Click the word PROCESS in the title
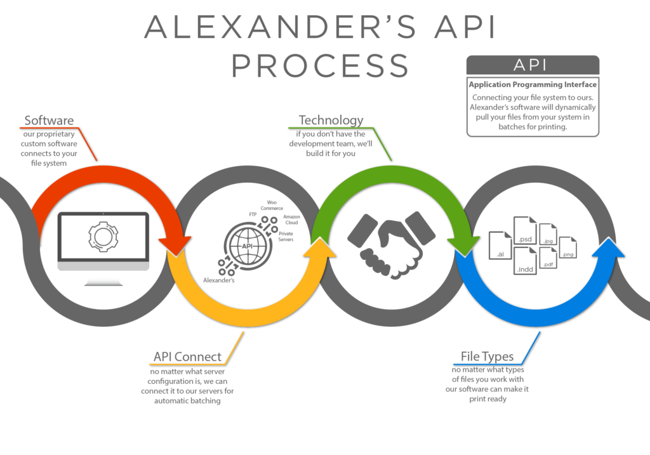click(x=320, y=66)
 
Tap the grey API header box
click(x=533, y=65)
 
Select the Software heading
click(x=49, y=121)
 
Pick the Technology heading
click(x=331, y=120)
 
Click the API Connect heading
click(x=187, y=357)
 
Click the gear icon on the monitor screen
click(x=103, y=236)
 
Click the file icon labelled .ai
click(x=501, y=245)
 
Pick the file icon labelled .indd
click(x=526, y=261)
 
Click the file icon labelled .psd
click(x=525, y=231)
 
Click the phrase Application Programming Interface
click(x=533, y=84)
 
